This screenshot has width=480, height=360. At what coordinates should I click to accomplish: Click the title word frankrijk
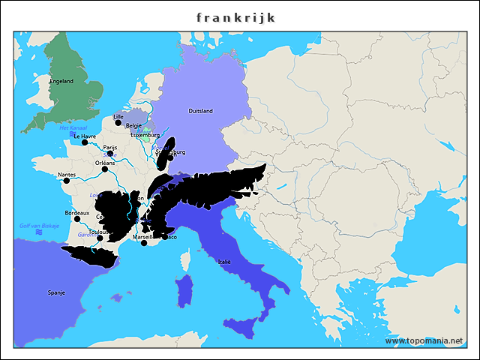click(235, 16)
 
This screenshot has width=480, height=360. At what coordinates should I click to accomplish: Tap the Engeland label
click(61, 81)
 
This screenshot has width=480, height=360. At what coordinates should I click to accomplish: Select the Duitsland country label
click(200, 111)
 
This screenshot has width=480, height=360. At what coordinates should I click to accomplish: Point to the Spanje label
click(56, 292)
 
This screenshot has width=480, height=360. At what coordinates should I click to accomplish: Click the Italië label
click(224, 262)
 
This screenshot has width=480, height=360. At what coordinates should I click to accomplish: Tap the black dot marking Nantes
click(67, 181)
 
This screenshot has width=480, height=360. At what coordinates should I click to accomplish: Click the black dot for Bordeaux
click(76, 219)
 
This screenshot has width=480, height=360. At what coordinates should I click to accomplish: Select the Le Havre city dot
click(85, 142)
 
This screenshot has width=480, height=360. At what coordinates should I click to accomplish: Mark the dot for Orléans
click(105, 169)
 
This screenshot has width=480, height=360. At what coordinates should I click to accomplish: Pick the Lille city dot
click(118, 123)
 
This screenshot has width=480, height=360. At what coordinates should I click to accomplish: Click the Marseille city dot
click(144, 243)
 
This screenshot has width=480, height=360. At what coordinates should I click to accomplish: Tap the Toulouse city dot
click(100, 238)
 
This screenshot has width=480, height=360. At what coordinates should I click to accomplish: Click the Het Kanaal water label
click(73, 128)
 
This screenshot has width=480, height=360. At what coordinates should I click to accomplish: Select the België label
click(134, 125)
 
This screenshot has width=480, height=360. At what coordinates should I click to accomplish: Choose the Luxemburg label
click(145, 135)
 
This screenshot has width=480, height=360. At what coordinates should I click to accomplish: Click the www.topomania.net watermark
click(424, 340)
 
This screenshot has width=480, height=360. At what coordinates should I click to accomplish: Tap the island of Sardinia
click(183, 290)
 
